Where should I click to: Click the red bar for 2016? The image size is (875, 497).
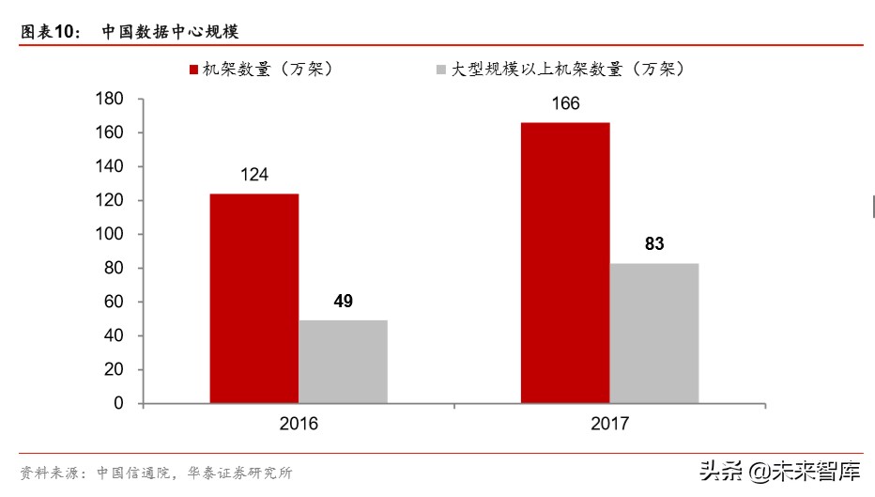253,299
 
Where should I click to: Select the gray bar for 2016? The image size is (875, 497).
343,362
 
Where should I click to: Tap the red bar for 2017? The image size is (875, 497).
565,263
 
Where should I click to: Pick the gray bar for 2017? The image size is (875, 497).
654,334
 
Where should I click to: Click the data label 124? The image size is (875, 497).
253,175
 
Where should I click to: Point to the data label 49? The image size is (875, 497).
343,302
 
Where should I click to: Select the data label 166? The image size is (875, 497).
565,104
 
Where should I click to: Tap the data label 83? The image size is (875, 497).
654,244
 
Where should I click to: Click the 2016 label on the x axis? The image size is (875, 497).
299,424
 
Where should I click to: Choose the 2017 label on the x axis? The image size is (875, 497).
610,424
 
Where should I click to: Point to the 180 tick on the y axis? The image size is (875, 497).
111,100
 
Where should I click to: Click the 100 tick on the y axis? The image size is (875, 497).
111,235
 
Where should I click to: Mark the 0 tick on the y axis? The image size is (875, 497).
118,403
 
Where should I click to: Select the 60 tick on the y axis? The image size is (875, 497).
115,302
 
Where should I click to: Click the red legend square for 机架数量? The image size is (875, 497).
193,70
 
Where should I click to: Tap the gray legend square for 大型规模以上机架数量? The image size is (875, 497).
441,70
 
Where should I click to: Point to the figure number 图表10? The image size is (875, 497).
53,32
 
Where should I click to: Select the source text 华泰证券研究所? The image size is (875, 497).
247,473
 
